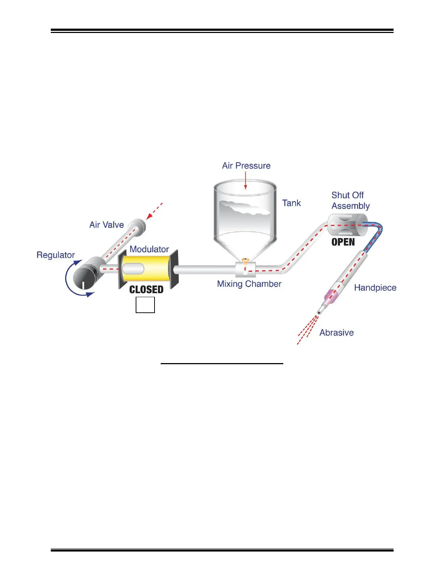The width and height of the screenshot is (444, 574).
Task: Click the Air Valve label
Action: (x=106, y=225)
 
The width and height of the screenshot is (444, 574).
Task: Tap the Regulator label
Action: (x=55, y=255)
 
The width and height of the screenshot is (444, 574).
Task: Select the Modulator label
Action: (x=149, y=249)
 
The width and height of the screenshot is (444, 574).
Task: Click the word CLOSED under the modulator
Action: (x=146, y=290)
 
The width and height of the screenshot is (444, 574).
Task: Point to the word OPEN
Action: (x=343, y=242)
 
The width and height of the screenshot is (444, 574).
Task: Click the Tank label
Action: (x=291, y=203)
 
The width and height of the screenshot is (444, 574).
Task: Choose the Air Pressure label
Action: (x=246, y=166)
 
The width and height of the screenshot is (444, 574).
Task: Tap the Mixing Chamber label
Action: (x=249, y=284)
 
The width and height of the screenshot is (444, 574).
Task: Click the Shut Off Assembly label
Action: (x=350, y=200)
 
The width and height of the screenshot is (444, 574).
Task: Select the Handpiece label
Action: (x=375, y=288)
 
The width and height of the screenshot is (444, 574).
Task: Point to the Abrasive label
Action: (x=336, y=333)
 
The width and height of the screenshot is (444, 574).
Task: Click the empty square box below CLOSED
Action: (x=145, y=305)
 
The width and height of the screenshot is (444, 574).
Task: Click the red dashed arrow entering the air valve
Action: (x=154, y=211)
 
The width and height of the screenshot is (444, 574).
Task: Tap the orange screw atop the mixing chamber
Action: (x=245, y=259)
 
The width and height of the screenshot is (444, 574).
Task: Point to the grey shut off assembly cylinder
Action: (x=345, y=225)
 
